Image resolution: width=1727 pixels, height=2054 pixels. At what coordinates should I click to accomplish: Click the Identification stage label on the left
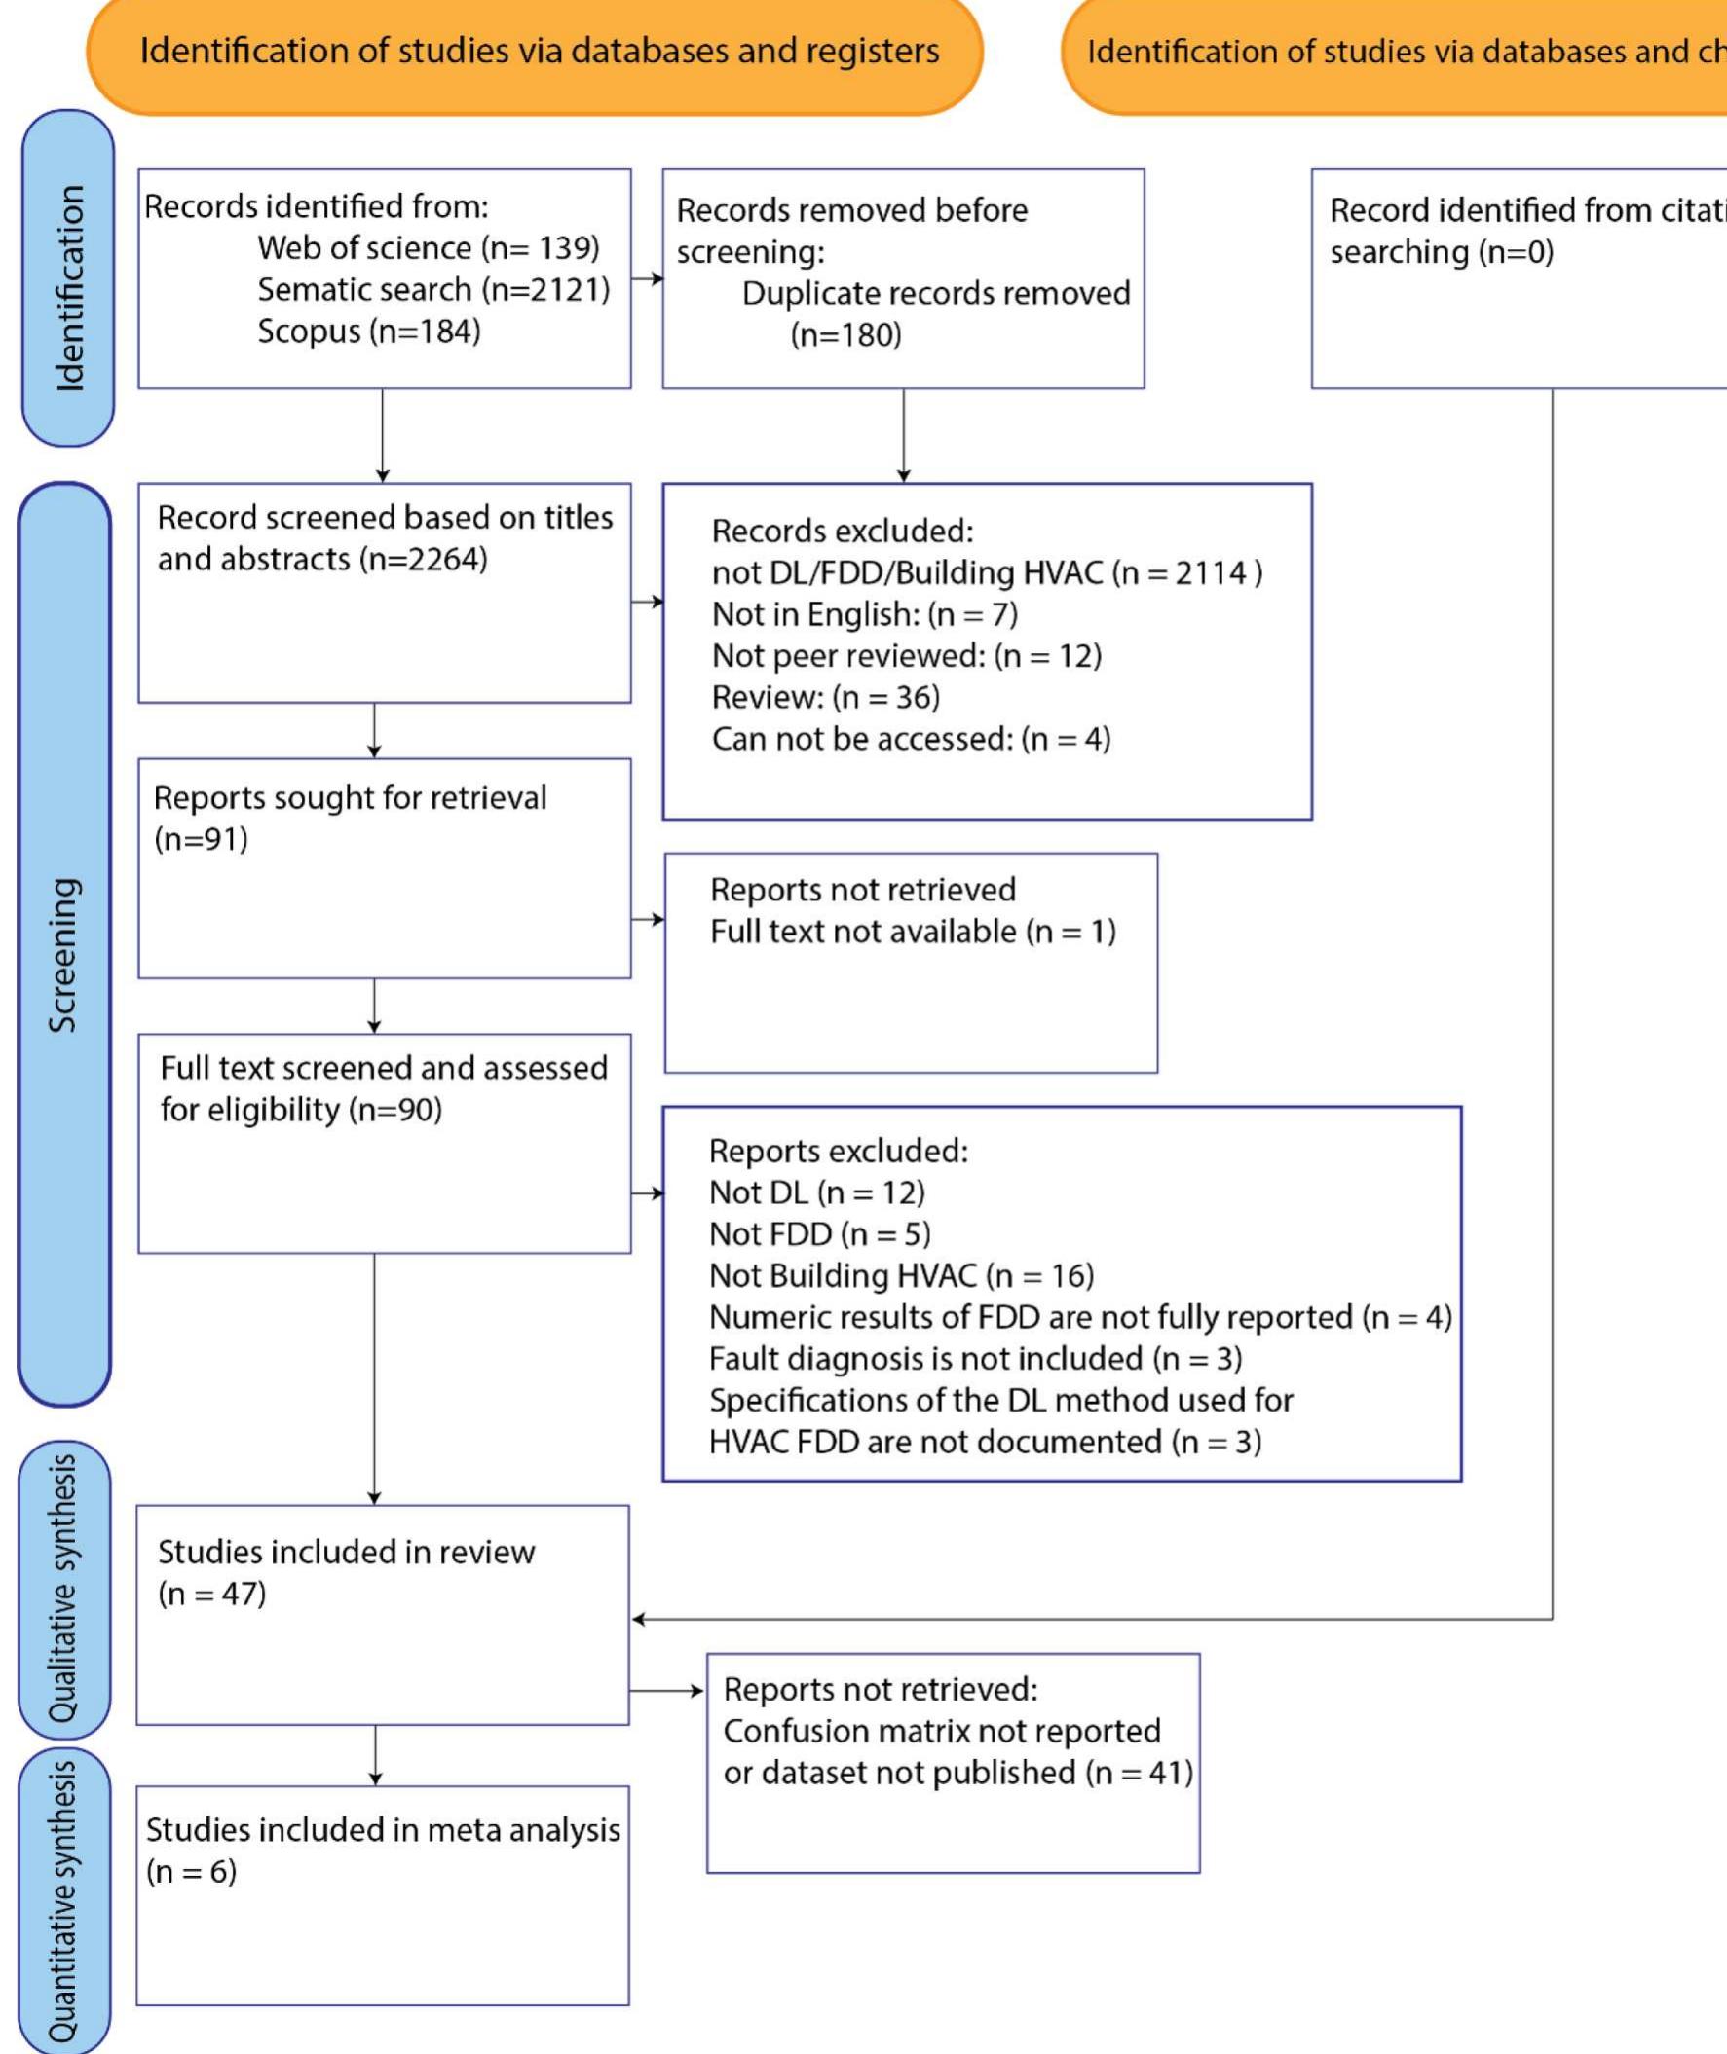68,288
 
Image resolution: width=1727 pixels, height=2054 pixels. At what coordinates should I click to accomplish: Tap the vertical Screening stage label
63,954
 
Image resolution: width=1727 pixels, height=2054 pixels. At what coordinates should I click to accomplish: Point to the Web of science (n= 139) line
428,248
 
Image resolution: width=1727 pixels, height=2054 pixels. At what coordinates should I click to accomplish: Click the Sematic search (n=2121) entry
432,290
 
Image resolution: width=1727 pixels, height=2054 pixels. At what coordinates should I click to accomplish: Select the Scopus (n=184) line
369,332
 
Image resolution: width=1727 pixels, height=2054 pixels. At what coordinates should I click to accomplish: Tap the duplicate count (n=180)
845,336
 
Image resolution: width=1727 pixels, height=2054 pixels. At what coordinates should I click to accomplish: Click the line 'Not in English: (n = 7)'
865,614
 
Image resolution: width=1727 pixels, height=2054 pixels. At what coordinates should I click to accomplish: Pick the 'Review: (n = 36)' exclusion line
825,698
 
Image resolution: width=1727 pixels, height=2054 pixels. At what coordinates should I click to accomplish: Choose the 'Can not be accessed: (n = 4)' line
911,739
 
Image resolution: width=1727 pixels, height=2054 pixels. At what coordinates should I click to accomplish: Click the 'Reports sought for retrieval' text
350,798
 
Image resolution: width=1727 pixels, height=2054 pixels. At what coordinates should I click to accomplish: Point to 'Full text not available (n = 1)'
913,932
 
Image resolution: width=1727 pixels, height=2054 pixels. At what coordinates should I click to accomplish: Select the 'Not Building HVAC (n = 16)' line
901,1276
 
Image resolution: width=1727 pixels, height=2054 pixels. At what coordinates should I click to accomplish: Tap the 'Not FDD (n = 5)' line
819,1235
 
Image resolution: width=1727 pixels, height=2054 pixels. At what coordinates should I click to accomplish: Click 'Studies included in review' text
346,1552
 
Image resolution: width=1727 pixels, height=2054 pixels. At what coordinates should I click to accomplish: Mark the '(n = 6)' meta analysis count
191,1872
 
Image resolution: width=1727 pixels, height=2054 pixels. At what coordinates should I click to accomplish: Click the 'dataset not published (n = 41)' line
957,1773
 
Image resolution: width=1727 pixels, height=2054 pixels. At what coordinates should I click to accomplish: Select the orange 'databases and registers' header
539,51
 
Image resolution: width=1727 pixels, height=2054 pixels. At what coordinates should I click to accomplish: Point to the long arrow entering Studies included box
1077,1620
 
